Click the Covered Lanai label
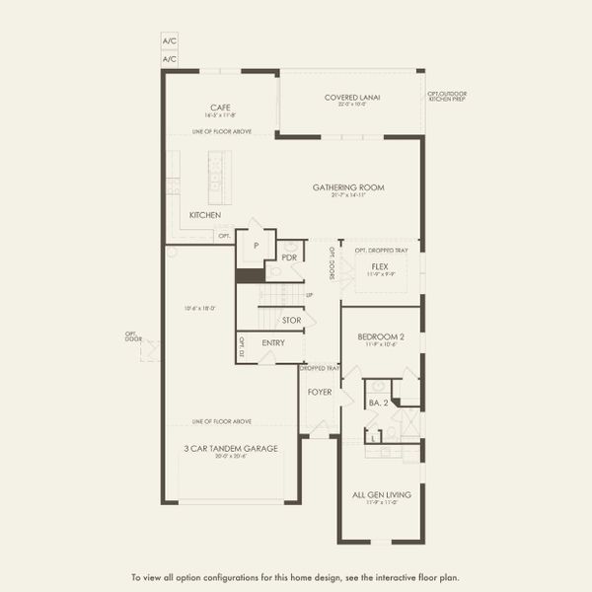(352, 97)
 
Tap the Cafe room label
(220, 108)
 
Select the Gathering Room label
(348, 186)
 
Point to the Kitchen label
(205, 214)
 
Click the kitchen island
(219, 177)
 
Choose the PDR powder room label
(289, 257)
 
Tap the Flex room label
(380, 266)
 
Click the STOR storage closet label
(291, 320)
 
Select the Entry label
(273, 343)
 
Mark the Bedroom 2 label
(380, 336)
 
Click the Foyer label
(319, 391)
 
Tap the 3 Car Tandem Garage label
(230, 448)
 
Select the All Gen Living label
(380, 495)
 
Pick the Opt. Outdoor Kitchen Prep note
(447, 97)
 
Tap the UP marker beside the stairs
(309, 295)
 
